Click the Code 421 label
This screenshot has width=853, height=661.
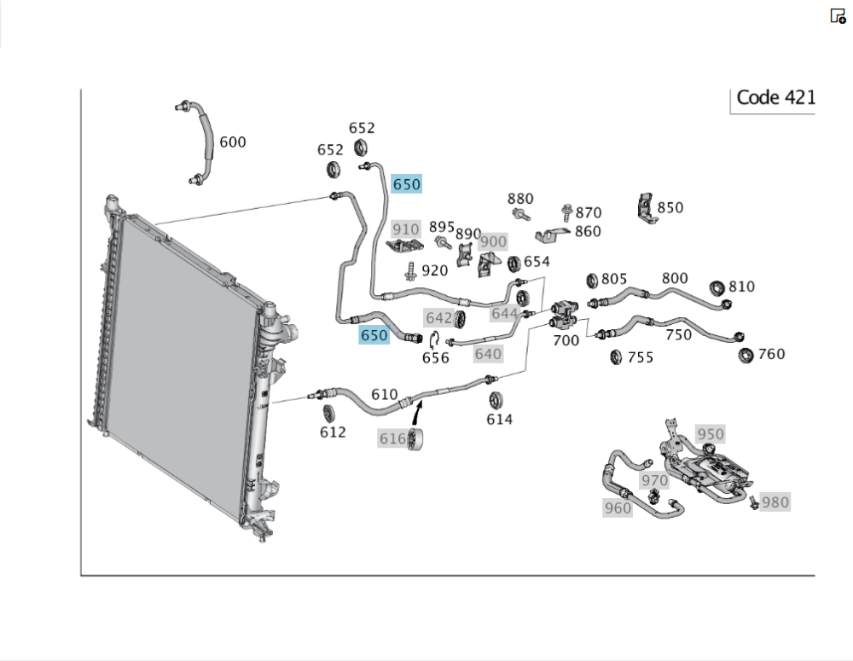775,97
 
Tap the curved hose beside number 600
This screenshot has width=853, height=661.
205,142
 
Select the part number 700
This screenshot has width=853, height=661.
566,341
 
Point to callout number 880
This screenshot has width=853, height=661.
520,199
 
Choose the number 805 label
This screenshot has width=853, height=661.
614,279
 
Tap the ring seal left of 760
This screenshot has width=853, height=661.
746,354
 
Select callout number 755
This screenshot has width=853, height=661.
640,357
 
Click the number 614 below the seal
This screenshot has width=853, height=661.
500,419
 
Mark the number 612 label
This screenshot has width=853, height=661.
333,432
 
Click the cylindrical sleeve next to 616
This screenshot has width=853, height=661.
415,442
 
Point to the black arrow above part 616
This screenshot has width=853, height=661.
417,413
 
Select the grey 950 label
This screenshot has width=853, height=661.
710,434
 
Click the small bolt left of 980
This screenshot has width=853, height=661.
754,503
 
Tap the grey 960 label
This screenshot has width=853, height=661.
618,508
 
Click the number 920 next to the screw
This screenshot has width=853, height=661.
435,270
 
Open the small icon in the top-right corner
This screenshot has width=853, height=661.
838,15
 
